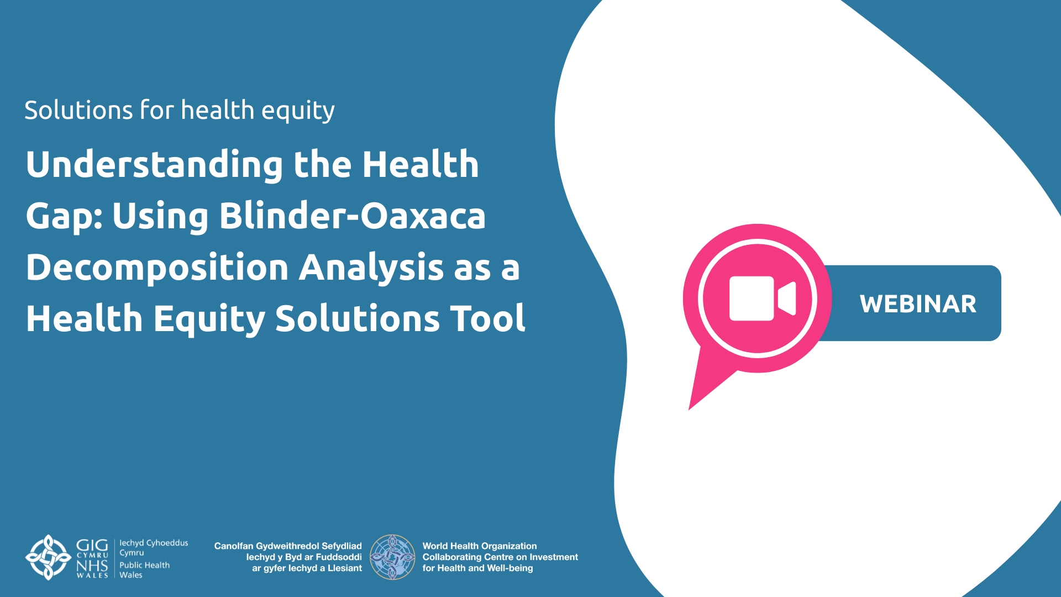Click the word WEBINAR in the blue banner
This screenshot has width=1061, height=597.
tap(918, 304)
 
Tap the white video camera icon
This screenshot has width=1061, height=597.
tap(763, 298)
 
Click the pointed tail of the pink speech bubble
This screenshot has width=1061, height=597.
tap(690, 409)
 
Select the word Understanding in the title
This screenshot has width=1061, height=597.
tap(154, 165)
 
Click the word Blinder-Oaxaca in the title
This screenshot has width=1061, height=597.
tap(353, 216)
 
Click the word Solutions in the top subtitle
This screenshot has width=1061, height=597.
tap(79, 110)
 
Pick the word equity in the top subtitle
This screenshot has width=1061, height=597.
tap(298, 111)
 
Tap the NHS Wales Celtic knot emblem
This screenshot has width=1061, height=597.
tap(49, 557)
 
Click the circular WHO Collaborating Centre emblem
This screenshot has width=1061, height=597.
tap(392, 557)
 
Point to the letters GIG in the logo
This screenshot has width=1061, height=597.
tap(92, 545)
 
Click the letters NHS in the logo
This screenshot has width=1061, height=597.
tap(92, 566)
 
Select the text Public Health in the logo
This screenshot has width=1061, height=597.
tap(145, 565)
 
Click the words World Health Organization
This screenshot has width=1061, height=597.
tap(480, 546)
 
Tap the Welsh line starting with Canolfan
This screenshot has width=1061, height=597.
tap(288, 546)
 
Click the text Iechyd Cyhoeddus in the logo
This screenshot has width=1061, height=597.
tap(154, 543)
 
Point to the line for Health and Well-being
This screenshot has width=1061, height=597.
tap(478, 568)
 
